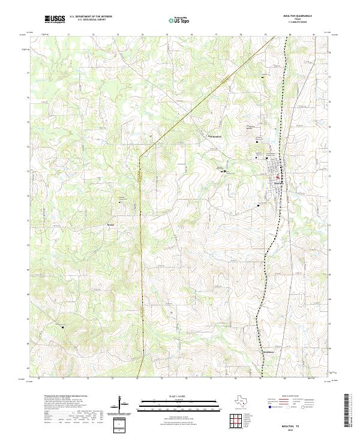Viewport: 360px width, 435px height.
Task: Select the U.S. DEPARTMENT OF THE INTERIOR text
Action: pos(91,16)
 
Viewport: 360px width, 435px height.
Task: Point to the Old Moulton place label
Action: pos(214,136)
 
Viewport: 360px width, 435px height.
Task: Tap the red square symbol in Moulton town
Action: pos(277,177)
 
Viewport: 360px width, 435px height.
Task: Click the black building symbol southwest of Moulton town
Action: pos(259,205)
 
